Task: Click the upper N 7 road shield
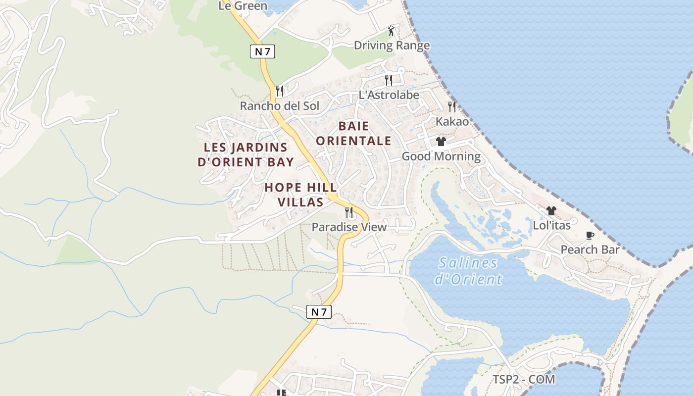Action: click(x=262, y=51)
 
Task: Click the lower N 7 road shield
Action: click(x=319, y=312)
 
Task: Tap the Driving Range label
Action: click(x=392, y=46)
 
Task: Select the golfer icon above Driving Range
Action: click(x=391, y=31)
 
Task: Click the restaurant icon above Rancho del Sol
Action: click(x=280, y=91)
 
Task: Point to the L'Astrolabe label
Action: click(x=389, y=95)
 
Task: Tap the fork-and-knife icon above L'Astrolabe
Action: click(x=389, y=80)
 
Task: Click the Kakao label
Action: click(x=452, y=121)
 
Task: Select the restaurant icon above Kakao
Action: click(x=452, y=106)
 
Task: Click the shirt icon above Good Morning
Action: click(x=441, y=142)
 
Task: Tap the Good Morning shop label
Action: click(x=441, y=156)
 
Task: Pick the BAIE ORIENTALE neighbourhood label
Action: click(x=353, y=133)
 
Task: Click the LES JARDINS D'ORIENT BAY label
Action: click(x=246, y=154)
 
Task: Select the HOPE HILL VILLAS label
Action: click(x=300, y=195)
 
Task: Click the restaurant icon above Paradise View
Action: click(x=349, y=212)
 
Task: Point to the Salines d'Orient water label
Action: click(x=468, y=271)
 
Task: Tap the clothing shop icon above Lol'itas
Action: click(x=551, y=211)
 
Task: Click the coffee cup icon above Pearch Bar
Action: click(x=590, y=235)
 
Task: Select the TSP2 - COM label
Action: click(x=524, y=380)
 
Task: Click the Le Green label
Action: click(x=243, y=6)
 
